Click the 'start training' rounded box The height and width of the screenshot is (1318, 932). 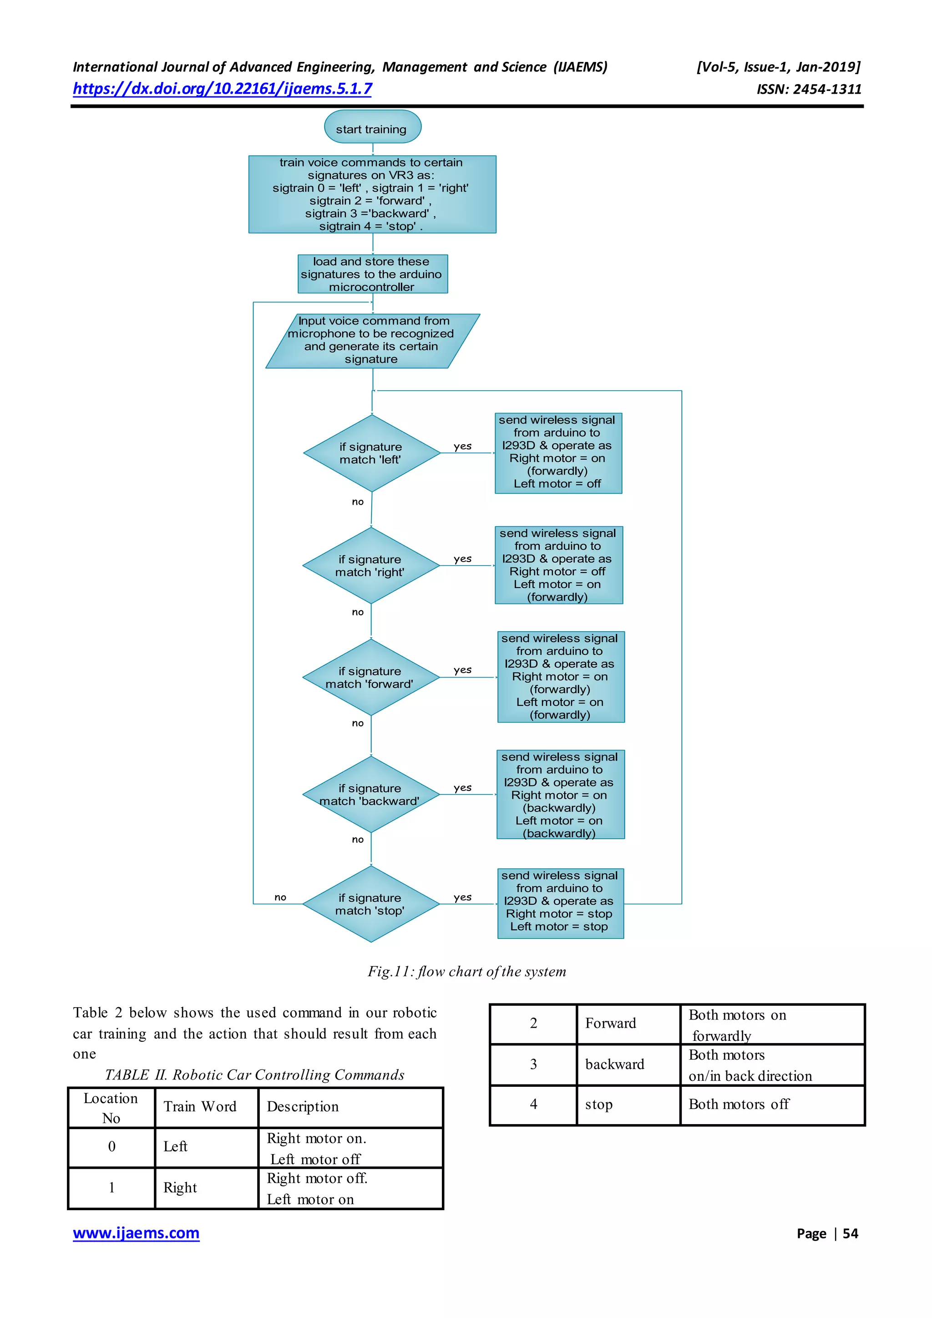point(372,127)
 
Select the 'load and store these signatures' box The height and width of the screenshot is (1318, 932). point(372,274)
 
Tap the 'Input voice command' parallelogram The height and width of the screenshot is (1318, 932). point(372,340)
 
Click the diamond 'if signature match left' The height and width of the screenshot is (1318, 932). point(371,453)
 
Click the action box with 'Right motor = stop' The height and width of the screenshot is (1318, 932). point(560,903)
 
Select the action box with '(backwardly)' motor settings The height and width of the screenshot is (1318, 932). point(560,795)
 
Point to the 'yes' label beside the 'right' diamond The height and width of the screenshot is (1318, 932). point(462,558)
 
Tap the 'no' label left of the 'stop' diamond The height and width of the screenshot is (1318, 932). point(280,897)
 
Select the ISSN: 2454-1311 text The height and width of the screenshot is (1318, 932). point(809,89)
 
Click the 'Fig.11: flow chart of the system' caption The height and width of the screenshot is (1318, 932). point(466,971)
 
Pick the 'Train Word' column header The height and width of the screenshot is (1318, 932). point(200,1106)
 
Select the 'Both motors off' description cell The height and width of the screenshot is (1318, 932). point(739,1104)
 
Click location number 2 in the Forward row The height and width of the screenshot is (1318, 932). point(533,1023)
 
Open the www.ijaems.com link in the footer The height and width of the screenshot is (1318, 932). point(136,1233)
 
